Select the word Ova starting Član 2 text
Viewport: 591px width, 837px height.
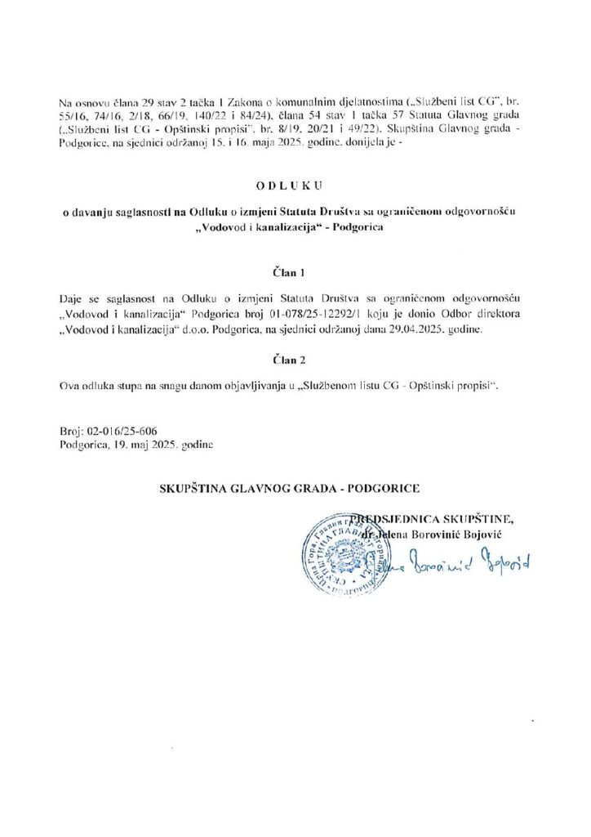click(70, 384)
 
